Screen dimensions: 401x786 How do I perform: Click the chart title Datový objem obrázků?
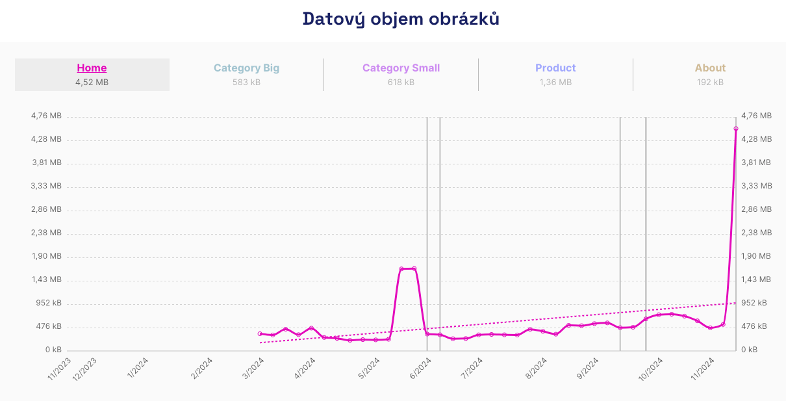pyautogui.click(x=401, y=19)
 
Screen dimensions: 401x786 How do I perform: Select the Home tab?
pyautogui.click(x=92, y=68)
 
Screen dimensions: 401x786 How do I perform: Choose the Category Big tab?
pyautogui.click(x=246, y=68)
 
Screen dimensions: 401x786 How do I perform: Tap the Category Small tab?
pyautogui.click(x=401, y=68)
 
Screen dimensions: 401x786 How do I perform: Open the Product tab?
pyautogui.click(x=555, y=68)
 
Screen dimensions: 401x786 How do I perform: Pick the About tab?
pyautogui.click(x=710, y=68)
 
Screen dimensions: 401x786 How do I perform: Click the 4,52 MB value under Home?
pyautogui.click(x=92, y=83)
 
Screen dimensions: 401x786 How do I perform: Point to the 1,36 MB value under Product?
pyautogui.click(x=555, y=83)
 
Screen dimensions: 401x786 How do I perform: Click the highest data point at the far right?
pyautogui.click(x=736, y=129)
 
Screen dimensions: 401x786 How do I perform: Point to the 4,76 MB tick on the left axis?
pyautogui.click(x=46, y=116)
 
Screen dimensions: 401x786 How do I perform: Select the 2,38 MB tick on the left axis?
pyautogui.click(x=46, y=233)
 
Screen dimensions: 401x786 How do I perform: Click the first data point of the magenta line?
pyautogui.click(x=260, y=333)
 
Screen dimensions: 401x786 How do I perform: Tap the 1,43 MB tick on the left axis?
pyautogui.click(x=46, y=279)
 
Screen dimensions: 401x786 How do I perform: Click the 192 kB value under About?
pyautogui.click(x=710, y=83)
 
